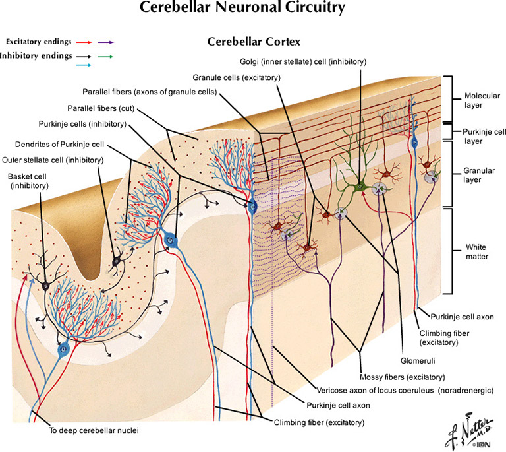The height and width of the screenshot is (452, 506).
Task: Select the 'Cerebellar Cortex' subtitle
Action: pyautogui.click(x=254, y=42)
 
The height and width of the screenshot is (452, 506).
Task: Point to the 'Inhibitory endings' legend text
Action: pyautogui.click(x=36, y=56)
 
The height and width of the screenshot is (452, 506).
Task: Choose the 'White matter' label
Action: pyautogui.click(x=474, y=251)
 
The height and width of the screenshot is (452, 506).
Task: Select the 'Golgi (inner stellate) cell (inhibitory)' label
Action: pyautogui.click(x=303, y=62)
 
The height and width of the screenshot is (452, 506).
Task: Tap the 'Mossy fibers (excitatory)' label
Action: pyautogui.click(x=403, y=377)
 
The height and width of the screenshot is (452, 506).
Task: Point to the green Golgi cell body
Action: pyautogui.click(x=360, y=187)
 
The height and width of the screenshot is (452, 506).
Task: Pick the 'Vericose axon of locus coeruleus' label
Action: pyautogui.click(x=372, y=391)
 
